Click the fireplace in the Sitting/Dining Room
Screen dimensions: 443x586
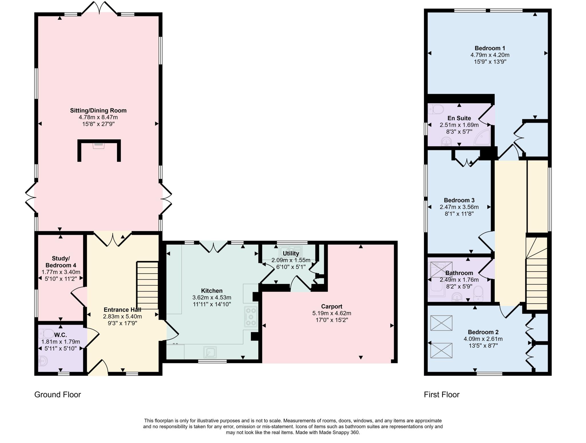tap(99, 145)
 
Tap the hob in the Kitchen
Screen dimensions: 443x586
tap(251, 317)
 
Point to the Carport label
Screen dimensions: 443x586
tap(332, 306)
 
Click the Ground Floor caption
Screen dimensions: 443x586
tap(58, 395)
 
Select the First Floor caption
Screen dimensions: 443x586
tap(442, 395)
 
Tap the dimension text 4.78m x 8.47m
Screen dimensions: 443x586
tap(98, 117)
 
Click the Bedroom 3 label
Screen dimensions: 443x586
tap(459, 200)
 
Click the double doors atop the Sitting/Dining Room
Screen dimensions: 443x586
tap(99, 8)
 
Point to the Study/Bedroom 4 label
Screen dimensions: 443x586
tap(61, 262)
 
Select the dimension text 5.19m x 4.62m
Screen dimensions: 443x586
tap(332, 313)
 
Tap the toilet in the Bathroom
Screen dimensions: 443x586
tap(478, 294)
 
